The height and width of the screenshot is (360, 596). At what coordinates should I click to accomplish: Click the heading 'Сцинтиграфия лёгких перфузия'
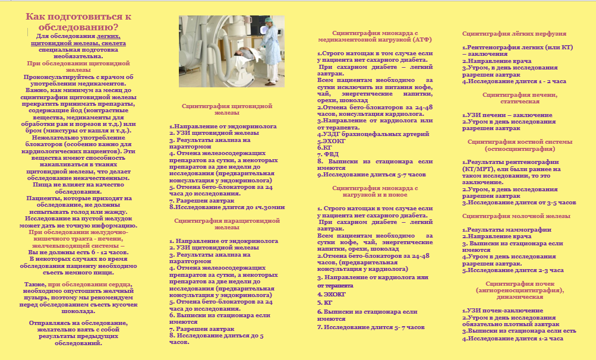[514, 34]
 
